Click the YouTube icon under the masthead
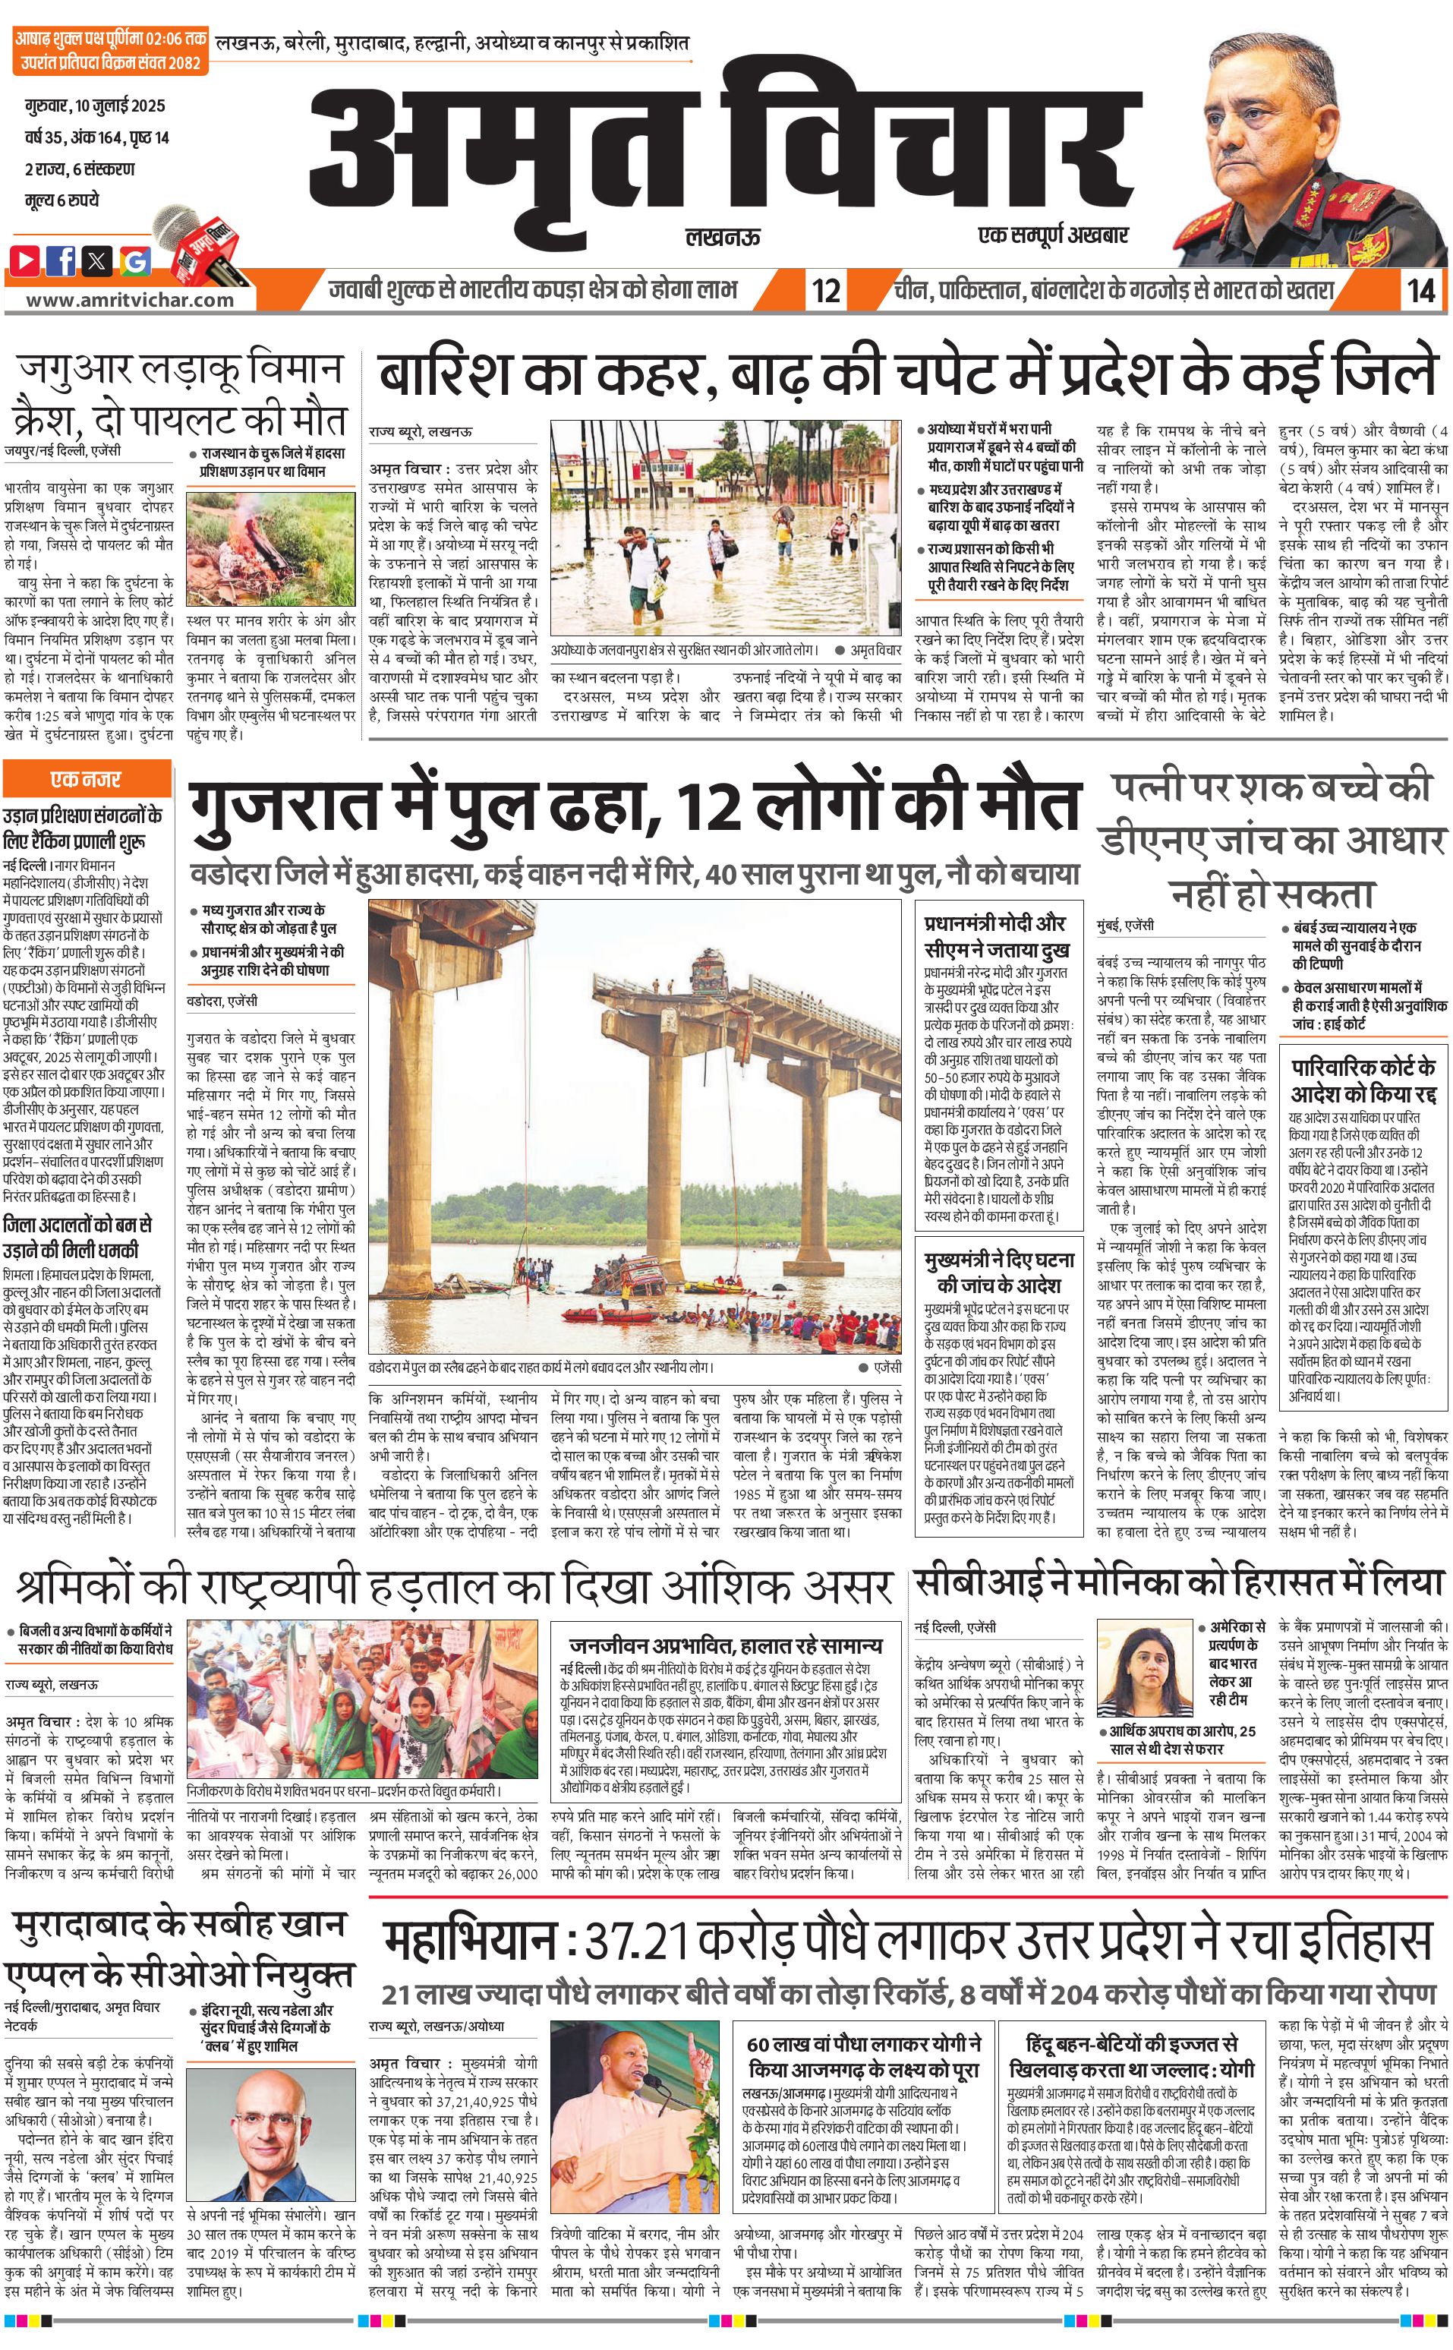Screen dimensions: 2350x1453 [26, 260]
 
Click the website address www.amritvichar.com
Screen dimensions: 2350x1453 [130, 299]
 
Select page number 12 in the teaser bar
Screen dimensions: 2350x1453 [825, 289]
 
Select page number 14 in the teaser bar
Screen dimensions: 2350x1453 [1420, 289]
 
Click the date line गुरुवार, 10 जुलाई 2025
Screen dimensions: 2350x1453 [95, 105]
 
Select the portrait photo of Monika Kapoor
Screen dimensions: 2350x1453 [1143, 1666]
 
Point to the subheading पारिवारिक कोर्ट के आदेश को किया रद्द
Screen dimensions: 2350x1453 [1363, 1080]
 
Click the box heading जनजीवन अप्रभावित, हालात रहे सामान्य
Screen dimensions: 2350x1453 [726, 1645]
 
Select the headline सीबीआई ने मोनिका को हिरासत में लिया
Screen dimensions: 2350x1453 [1179, 1582]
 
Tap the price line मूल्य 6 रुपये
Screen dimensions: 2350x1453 [62, 200]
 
